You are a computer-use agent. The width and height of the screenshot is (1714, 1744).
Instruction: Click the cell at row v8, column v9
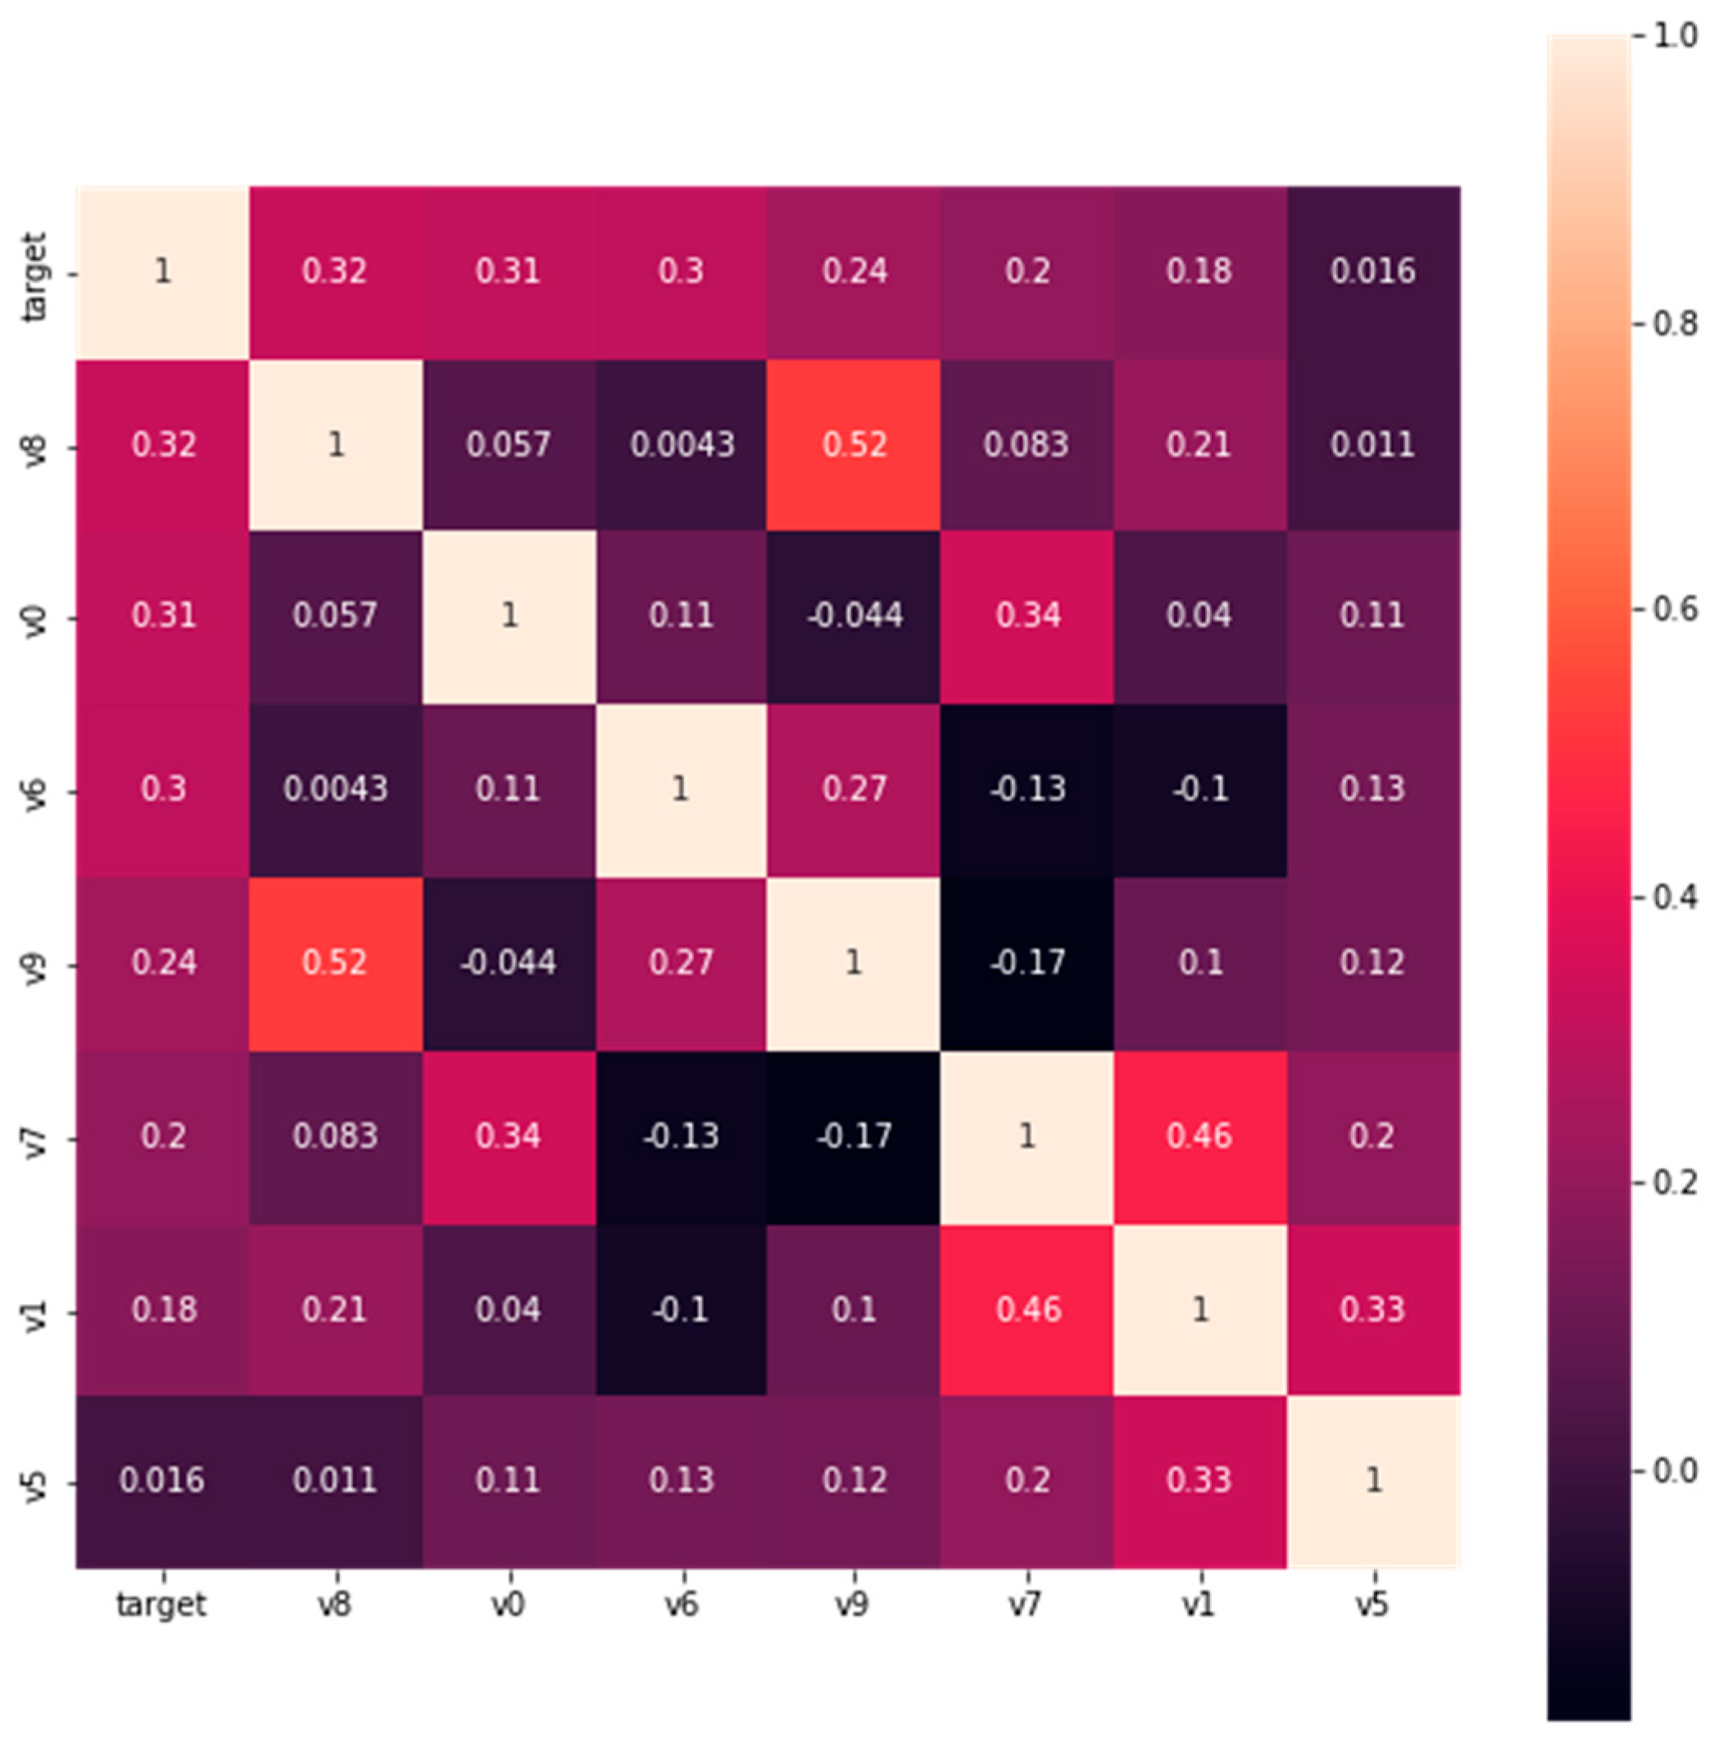pyautogui.click(x=854, y=445)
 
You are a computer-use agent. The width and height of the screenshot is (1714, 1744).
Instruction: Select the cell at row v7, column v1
pyautogui.click(x=1199, y=1136)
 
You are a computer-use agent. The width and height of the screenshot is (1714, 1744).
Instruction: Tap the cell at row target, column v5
pyautogui.click(x=1373, y=272)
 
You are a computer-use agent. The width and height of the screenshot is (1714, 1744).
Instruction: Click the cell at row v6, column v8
pyautogui.click(x=335, y=789)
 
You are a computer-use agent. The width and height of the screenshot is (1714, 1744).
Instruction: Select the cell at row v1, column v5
pyautogui.click(x=1373, y=1309)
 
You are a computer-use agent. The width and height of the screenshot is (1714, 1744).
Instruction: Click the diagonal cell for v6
pyautogui.click(x=681, y=789)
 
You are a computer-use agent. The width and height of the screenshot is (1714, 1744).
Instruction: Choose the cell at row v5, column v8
pyautogui.click(x=335, y=1481)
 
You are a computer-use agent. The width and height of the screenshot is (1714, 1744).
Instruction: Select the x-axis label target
pyautogui.click(x=162, y=1605)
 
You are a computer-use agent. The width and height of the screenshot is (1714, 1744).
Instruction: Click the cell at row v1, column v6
pyautogui.click(x=681, y=1309)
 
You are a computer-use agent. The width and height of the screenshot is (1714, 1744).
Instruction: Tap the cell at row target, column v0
pyautogui.click(x=508, y=272)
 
